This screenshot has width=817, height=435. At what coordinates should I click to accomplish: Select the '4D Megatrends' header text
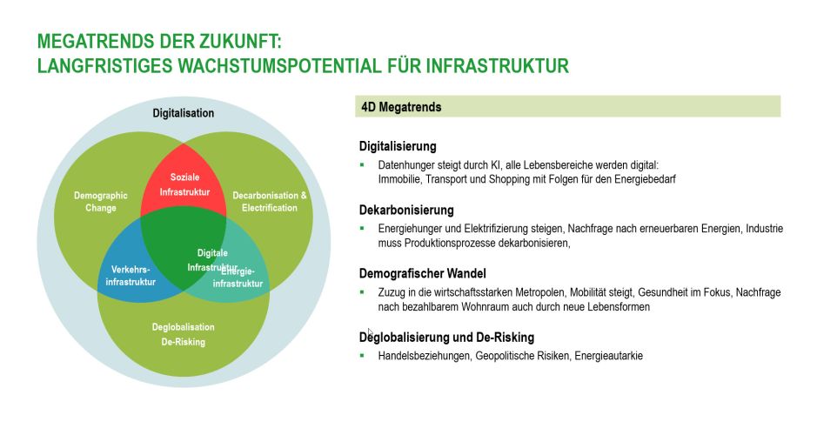click(x=401, y=107)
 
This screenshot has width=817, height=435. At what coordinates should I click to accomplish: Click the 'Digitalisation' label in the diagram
click(x=183, y=113)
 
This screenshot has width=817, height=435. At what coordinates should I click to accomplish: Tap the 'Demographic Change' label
click(x=101, y=202)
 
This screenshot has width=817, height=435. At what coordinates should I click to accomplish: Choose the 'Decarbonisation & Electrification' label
click(x=270, y=202)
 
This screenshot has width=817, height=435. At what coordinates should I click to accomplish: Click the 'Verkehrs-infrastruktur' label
click(x=131, y=277)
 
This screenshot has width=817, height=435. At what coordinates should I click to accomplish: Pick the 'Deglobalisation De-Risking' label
click(x=183, y=334)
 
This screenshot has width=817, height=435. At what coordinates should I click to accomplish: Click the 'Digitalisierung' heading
click(x=398, y=146)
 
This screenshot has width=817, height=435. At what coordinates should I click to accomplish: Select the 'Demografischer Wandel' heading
click(x=423, y=273)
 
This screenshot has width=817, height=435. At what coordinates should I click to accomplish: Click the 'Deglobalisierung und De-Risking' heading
click(x=446, y=337)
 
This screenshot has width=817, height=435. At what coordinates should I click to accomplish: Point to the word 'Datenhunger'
click(x=406, y=164)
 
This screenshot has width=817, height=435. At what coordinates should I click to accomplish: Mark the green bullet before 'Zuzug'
click(x=362, y=291)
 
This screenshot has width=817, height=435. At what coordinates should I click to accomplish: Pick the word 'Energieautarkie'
click(x=608, y=355)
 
